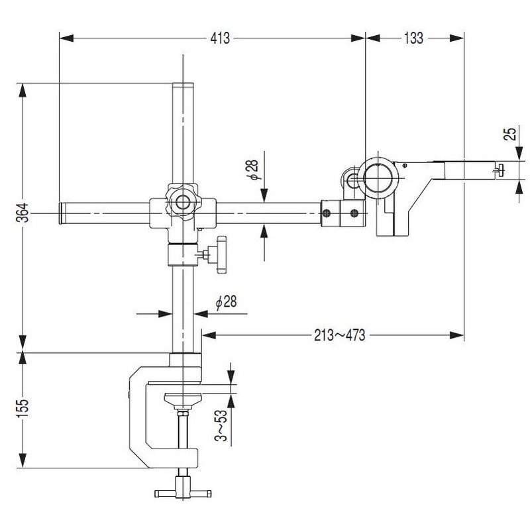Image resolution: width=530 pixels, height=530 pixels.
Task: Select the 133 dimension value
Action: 413,38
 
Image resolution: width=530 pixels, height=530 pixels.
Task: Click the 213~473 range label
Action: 339,335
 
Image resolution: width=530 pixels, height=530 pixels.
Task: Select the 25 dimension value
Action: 509,134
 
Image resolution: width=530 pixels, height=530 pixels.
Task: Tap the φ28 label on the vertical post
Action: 225,302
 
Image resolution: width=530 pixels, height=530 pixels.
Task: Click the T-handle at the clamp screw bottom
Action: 183,492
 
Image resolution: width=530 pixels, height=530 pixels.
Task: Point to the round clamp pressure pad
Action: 183,399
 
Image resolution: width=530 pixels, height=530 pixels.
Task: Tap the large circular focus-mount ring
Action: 379,178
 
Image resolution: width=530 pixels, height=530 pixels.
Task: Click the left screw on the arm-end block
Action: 328,213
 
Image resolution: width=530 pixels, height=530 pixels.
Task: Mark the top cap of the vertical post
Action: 183,85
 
